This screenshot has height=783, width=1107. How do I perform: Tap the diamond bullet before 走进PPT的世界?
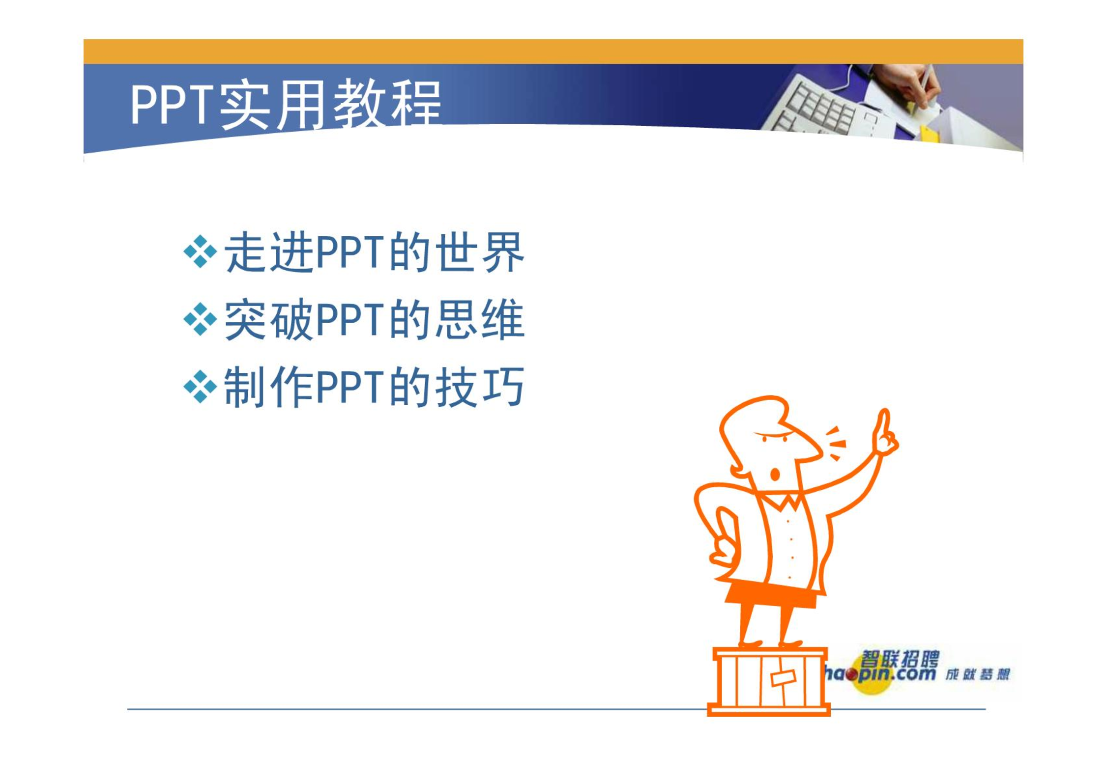coord(200,252)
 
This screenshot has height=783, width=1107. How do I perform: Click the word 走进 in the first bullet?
coord(269,252)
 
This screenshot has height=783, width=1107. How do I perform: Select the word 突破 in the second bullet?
coord(269,319)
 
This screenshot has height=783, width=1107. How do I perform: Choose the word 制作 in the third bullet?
coord(269,387)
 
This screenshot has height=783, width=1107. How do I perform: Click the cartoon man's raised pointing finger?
coord(884,425)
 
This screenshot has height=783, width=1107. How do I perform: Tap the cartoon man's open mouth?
coord(775,475)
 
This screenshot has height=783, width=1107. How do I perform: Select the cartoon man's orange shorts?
coord(771,595)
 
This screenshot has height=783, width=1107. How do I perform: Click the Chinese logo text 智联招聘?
coord(899,659)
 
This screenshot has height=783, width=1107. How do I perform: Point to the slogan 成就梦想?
coord(977,674)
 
